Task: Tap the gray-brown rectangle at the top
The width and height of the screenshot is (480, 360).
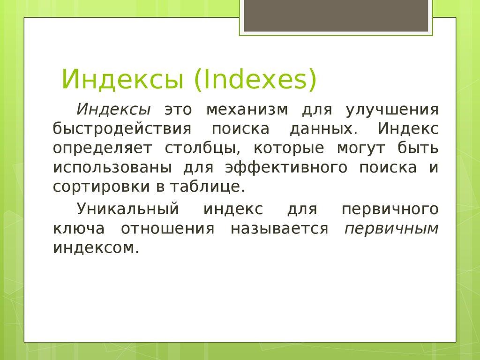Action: click(336, 16)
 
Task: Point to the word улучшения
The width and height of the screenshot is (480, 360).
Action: click(392, 110)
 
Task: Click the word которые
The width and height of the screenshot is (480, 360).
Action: click(289, 148)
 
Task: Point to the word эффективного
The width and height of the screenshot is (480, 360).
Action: click(286, 167)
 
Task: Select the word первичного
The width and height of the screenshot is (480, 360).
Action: click(390, 209)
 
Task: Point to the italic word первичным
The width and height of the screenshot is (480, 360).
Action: click(392, 228)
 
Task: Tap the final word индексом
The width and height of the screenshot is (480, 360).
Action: click(96, 247)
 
